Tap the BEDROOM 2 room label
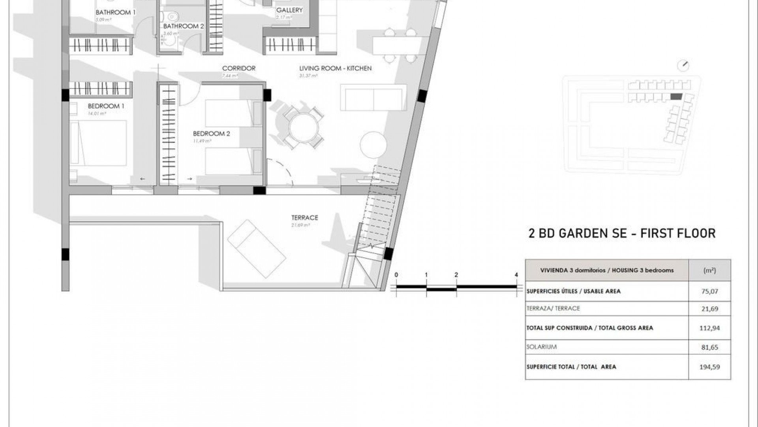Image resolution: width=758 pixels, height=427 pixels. click(211, 134)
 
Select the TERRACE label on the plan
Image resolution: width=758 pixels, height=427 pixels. click(304, 218)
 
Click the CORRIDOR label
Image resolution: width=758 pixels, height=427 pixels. click(238, 68)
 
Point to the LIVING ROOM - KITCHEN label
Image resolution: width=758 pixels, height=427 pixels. click(335, 68)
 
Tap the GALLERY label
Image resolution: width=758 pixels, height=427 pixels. click(289, 10)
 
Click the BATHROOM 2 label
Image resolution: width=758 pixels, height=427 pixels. click(184, 26)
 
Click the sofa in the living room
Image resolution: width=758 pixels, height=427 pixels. click(373, 97)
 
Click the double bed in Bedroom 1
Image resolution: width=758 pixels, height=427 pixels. click(99, 143)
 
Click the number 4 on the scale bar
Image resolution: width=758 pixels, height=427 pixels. click(516, 275)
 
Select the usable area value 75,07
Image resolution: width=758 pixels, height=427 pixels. click(709, 291)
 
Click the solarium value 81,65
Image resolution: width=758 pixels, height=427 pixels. click(709, 348)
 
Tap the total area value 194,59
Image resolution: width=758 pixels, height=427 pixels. click(709, 367)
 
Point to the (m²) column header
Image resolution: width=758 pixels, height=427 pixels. click(709, 271)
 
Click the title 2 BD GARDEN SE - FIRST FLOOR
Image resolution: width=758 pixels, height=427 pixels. click(622, 233)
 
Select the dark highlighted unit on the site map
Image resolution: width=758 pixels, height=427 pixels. click(676, 96)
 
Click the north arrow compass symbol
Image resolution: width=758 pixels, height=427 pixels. click(683, 66)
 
